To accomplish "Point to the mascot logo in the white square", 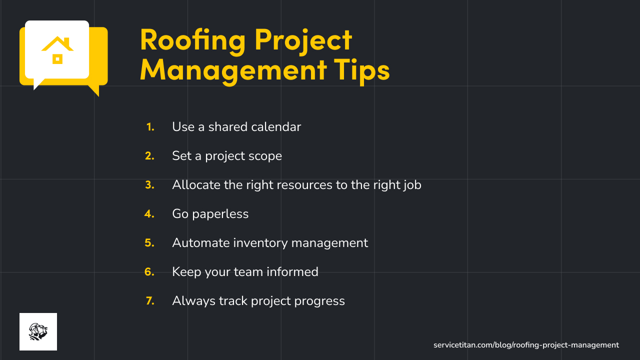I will click(x=38, y=331).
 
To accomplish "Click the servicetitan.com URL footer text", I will click(x=526, y=345).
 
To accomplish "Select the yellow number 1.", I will click(x=150, y=127).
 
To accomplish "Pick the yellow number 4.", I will click(x=149, y=214).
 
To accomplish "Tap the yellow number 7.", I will click(x=150, y=301).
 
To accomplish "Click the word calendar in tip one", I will click(x=276, y=127).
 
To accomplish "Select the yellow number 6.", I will click(x=149, y=272).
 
